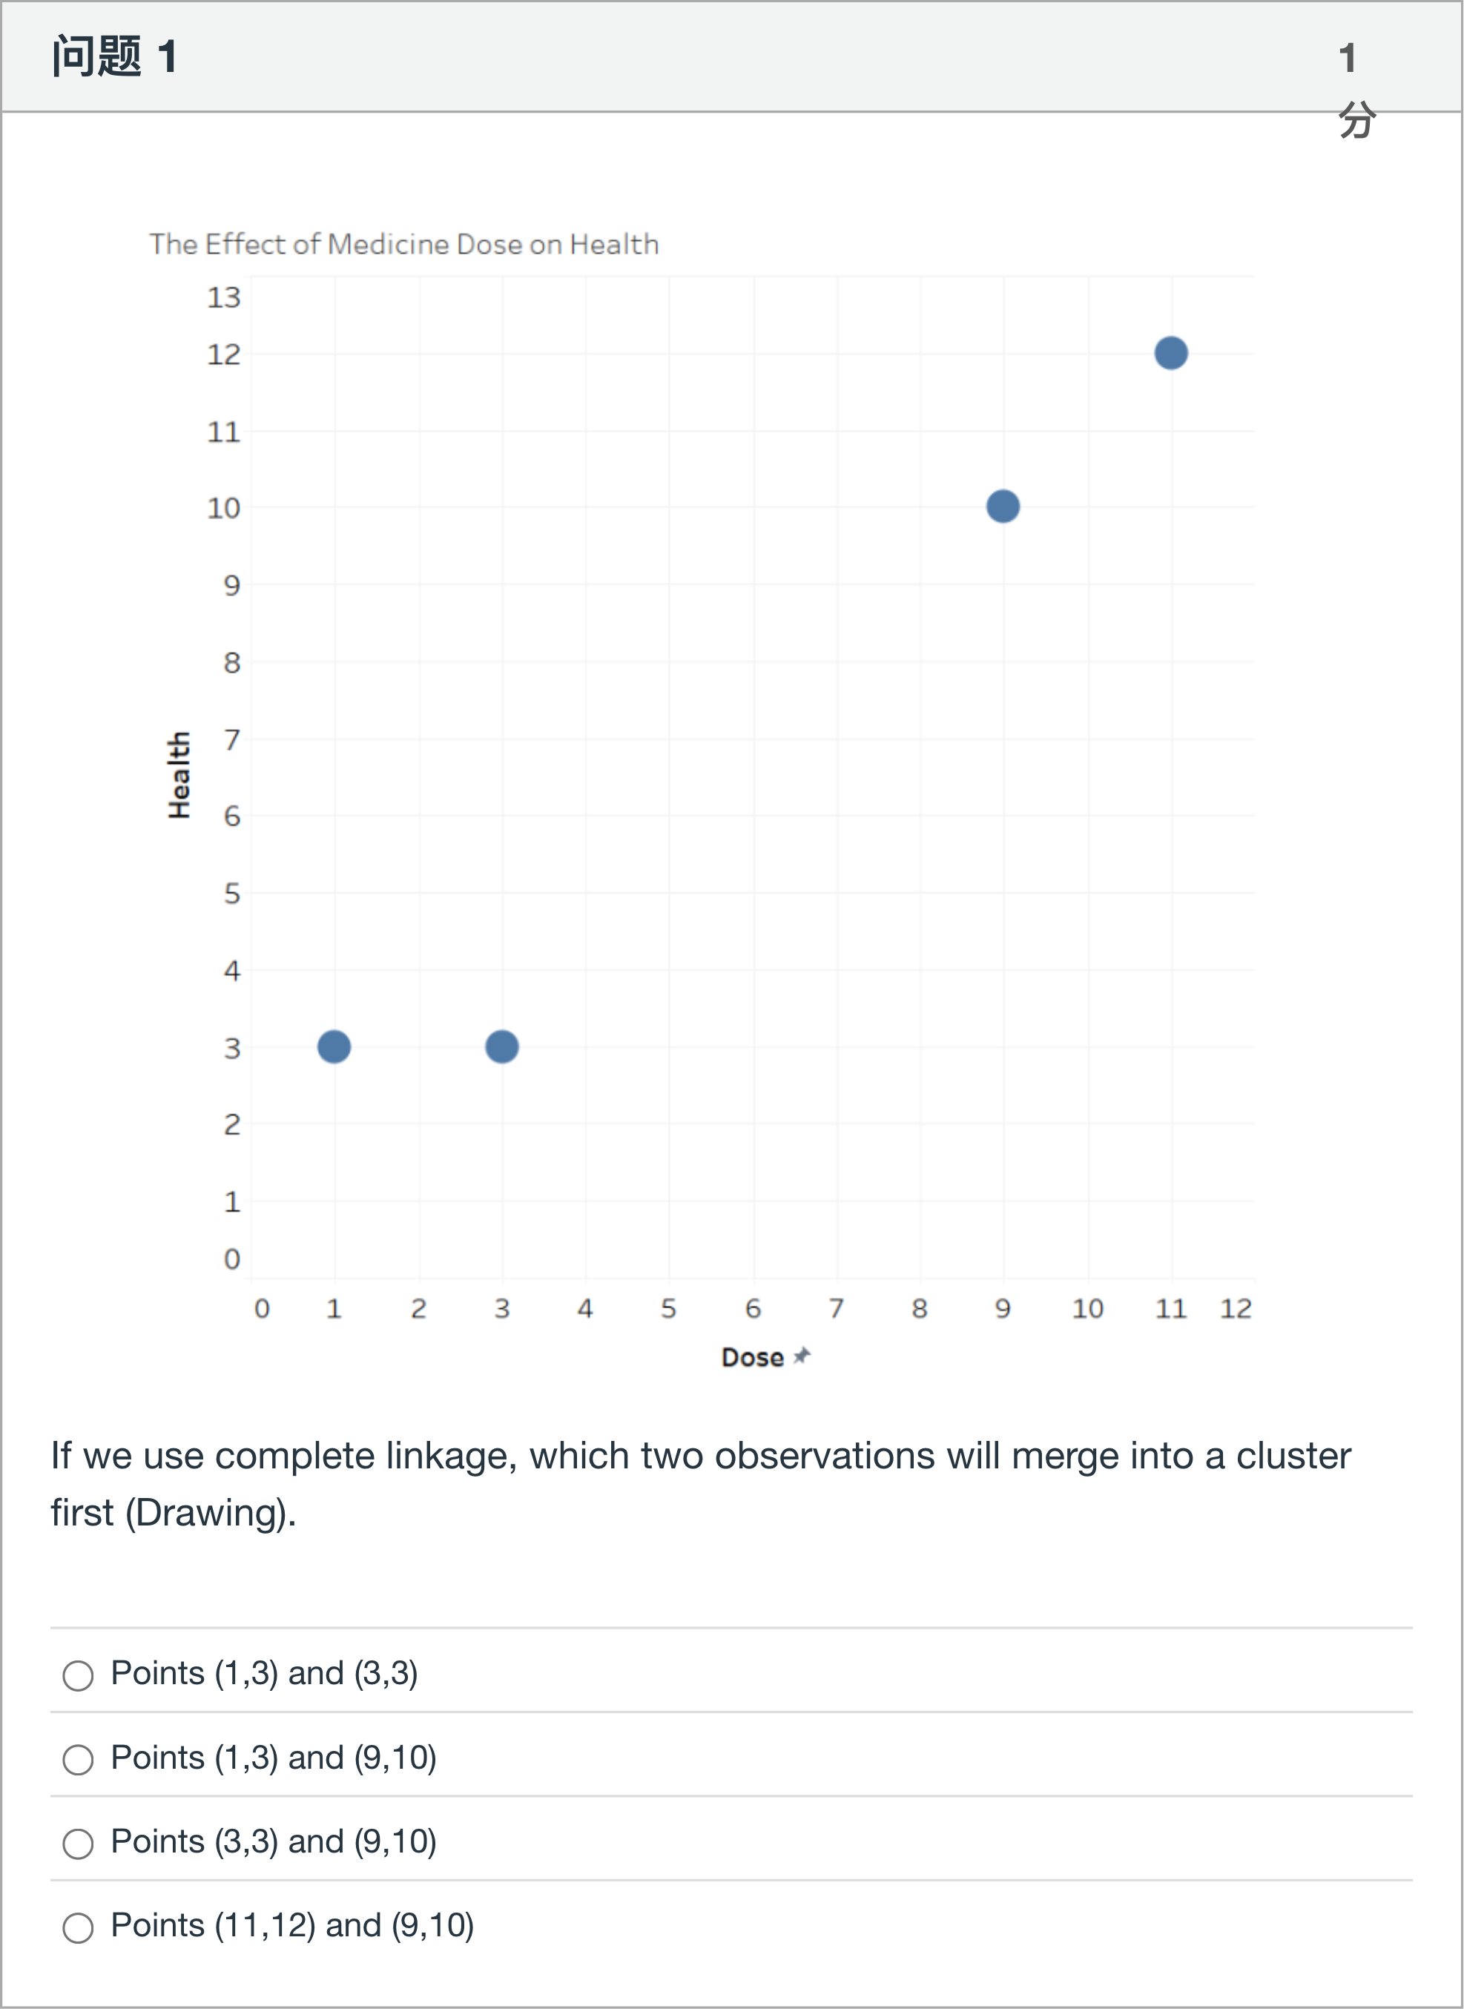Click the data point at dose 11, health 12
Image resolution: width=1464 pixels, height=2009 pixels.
pos(1170,353)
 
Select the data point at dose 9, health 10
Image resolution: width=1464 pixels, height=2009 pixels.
pos(1002,506)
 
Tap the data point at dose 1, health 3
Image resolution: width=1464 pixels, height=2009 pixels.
pos(334,1046)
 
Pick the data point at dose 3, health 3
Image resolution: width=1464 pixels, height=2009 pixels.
pos(501,1046)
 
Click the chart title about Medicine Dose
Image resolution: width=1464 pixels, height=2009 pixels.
pos(403,244)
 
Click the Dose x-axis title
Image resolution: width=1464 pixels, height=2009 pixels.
pos(752,1357)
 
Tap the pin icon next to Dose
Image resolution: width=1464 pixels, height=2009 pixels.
pos(802,1355)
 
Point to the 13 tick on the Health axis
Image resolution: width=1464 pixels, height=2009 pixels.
pos(223,297)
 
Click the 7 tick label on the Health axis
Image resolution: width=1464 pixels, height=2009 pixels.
pos(231,739)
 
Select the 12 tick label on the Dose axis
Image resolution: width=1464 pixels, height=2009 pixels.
pos(1236,1308)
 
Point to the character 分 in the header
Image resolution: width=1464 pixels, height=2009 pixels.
pos(1356,119)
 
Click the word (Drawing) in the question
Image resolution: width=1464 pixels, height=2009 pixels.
pos(209,1512)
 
